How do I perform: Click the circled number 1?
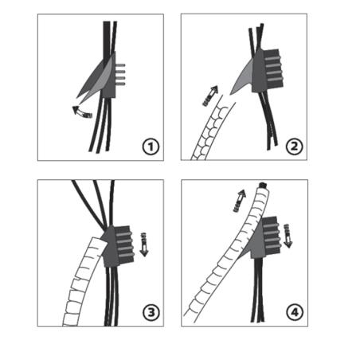tap(151, 147)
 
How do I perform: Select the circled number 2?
tap(294, 147)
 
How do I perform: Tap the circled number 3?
tap(151, 312)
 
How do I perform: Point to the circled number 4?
tap(295, 312)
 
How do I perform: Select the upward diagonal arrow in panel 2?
tap(210, 96)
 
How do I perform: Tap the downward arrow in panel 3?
tap(144, 245)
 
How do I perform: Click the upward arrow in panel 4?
tap(240, 201)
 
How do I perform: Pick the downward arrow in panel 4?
tap(288, 236)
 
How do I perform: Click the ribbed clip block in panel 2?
tap(268, 71)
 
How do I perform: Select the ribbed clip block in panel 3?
tap(119, 246)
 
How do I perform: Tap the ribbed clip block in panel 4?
tap(266, 237)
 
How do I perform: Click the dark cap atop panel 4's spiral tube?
tap(263, 185)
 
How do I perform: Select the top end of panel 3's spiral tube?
tap(98, 241)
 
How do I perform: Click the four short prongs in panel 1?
tap(120, 75)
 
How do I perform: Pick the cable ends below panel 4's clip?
tap(257, 290)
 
